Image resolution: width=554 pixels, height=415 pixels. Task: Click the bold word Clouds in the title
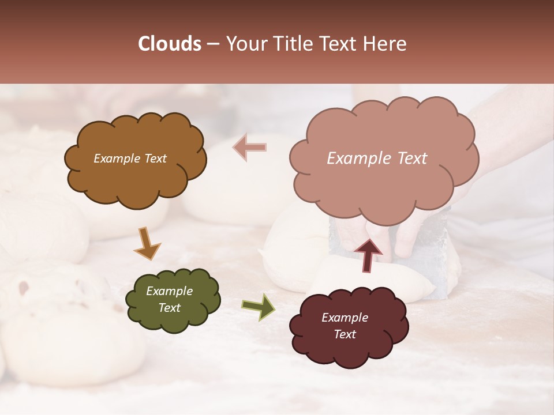[x=170, y=44]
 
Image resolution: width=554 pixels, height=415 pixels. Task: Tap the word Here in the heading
[x=385, y=44]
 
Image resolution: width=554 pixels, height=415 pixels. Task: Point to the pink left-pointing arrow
[x=249, y=148]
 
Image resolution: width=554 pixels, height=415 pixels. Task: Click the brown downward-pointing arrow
[x=147, y=244]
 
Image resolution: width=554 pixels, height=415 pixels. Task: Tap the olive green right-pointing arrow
[x=259, y=307]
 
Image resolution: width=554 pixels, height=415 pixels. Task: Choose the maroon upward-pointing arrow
[x=368, y=255]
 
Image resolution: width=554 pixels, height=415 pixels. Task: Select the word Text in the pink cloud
[x=411, y=159]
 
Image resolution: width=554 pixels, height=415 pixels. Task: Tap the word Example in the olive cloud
[x=169, y=291]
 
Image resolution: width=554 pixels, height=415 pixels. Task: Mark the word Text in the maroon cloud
[x=345, y=334]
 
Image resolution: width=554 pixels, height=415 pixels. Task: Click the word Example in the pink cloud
[x=357, y=159]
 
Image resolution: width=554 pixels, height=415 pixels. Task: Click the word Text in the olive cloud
[x=169, y=308]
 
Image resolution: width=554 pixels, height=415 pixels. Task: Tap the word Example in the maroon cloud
[x=345, y=318]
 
